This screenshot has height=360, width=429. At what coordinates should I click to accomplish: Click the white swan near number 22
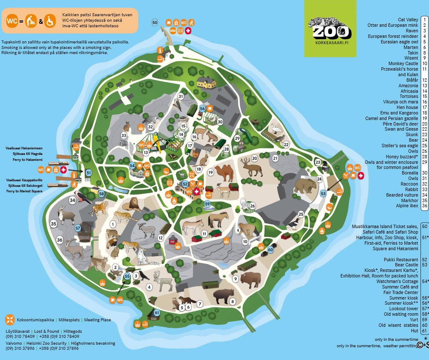tap(277, 129)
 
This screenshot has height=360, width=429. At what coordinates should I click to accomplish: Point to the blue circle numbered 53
tap(323, 194)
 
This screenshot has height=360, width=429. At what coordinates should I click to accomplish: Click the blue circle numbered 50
tap(155, 22)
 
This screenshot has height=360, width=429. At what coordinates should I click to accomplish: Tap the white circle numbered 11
tap(205, 234)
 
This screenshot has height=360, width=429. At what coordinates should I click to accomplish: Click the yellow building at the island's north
tap(206, 82)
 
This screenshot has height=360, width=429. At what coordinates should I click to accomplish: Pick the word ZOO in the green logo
tap(332, 32)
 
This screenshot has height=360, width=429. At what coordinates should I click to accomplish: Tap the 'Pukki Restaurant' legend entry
tap(401, 260)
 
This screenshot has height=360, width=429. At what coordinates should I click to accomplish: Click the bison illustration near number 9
tap(250, 280)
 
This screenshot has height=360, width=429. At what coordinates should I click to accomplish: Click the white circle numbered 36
tap(60, 240)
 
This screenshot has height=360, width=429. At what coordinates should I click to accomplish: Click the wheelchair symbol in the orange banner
tap(50, 20)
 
